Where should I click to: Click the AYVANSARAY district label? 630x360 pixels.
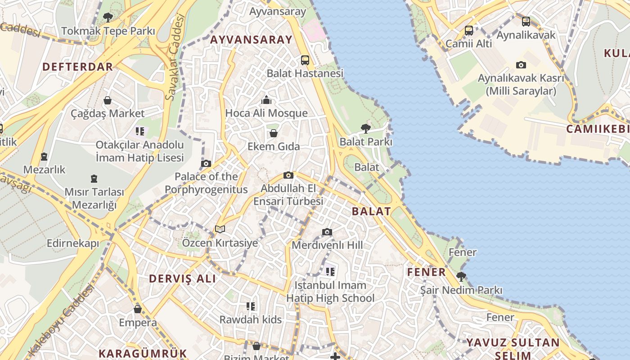click(251, 40)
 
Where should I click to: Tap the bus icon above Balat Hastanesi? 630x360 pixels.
click(305, 60)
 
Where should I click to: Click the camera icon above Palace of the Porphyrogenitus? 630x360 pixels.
click(206, 163)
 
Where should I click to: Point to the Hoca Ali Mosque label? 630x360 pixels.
click(266, 113)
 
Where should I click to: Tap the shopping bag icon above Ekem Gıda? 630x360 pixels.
click(273, 133)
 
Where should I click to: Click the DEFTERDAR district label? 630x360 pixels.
click(77, 67)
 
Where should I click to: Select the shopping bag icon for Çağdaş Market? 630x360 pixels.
click(108, 100)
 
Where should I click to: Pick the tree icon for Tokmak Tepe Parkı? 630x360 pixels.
click(108, 18)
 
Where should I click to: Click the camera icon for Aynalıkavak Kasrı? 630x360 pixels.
click(521, 65)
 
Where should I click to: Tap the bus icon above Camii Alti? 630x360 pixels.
click(469, 31)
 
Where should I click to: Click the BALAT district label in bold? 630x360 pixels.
click(371, 211)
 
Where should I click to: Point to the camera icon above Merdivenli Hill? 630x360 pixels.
click(327, 232)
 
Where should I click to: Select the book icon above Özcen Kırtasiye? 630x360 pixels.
click(220, 229)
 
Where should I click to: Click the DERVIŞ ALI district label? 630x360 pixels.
click(182, 279)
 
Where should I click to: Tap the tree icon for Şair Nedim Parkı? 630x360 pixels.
click(461, 276)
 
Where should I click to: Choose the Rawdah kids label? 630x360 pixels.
click(250, 320)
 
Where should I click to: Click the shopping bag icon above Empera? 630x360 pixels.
click(138, 309)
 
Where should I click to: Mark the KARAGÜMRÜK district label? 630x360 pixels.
click(143, 353)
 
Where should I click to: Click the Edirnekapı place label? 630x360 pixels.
click(72, 243)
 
